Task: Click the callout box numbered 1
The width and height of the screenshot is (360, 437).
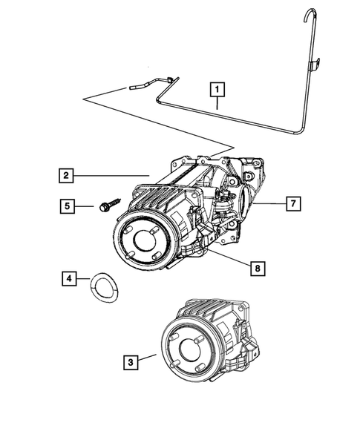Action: [217, 90]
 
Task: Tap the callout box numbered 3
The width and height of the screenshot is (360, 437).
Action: [131, 362]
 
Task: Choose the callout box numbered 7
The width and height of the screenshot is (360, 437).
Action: [292, 203]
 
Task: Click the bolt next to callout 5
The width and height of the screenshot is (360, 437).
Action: [106, 203]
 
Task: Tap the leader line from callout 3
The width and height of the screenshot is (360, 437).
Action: [147, 359]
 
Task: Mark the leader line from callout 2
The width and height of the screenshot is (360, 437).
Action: [111, 176]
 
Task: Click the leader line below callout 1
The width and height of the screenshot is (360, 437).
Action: [217, 104]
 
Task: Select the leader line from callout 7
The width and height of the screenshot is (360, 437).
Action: [270, 203]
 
